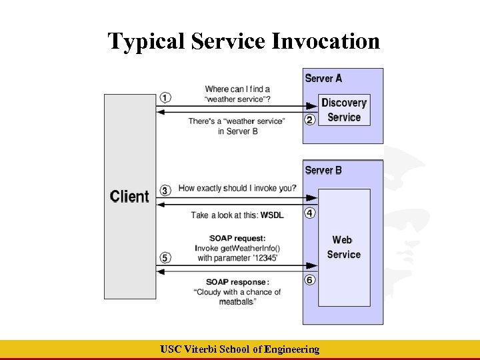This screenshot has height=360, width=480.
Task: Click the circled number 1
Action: click(165, 97)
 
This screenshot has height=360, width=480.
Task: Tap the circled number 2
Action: click(309, 120)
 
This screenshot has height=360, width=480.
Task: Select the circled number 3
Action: click(165, 190)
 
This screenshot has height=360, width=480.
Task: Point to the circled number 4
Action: click(309, 213)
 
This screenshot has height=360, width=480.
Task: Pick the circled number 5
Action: click(165, 257)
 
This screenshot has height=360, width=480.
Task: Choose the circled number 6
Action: click(309, 280)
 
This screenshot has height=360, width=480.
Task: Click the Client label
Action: click(129, 197)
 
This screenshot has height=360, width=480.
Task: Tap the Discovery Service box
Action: click(344, 110)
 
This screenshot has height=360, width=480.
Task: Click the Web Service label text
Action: click(344, 247)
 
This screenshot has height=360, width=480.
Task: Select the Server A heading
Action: click(323, 79)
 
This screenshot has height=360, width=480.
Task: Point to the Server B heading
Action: click(323, 171)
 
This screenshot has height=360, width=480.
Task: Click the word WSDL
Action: click(272, 215)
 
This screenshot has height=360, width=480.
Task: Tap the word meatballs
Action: click(236, 302)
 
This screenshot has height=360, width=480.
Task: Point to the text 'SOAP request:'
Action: click(238, 238)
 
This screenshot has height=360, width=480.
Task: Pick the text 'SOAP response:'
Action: click(237, 282)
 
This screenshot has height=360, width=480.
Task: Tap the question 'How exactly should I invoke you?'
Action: click(237, 189)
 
